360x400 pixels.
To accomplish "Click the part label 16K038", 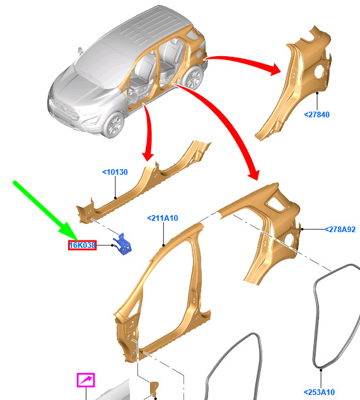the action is click(x=83, y=245).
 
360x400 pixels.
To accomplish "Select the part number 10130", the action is click(x=115, y=172).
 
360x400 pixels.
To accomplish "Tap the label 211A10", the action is click(x=163, y=218).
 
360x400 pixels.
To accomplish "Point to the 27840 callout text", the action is click(x=317, y=115).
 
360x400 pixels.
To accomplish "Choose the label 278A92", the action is click(x=340, y=229).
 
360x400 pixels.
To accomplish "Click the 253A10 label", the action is click(x=319, y=392).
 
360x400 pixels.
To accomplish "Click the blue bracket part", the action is click(x=123, y=244).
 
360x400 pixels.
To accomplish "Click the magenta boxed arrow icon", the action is click(x=86, y=380).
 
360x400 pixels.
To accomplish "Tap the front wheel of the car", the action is click(x=113, y=124).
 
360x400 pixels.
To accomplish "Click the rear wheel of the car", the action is click(x=194, y=78).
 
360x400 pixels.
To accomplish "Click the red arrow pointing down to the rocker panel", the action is click(x=149, y=132).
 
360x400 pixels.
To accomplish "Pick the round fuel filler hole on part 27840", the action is click(x=319, y=71).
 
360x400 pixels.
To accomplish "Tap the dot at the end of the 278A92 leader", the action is click(x=302, y=229).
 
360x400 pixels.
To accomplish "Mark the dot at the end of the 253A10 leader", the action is click(x=321, y=370).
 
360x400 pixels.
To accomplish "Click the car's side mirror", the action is click(x=81, y=50).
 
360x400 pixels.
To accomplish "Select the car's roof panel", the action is click(x=142, y=28).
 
